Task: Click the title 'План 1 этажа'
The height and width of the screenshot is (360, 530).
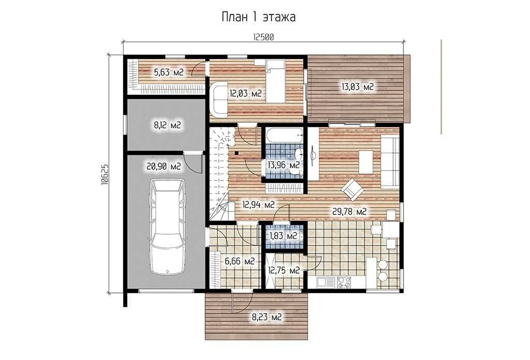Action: click(x=259, y=17)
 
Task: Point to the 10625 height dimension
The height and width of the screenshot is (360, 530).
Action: click(x=105, y=174)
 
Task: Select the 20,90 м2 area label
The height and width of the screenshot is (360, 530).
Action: click(x=164, y=166)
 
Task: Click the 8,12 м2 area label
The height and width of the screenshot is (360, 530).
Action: click(x=167, y=125)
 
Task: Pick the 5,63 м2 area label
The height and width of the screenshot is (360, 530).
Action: click(x=169, y=72)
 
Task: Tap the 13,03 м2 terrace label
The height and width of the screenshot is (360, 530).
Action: click(x=358, y=87)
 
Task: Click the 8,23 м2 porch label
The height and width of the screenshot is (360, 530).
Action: click(x=267, y=317)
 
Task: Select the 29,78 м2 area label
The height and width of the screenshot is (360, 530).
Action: click(x=349, y=212)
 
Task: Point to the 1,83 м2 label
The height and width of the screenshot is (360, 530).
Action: click(x=283, y=236)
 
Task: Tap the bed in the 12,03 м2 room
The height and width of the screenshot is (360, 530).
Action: click(x=275, y=81)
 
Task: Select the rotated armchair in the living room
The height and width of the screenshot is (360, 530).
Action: click(x=352, y=189)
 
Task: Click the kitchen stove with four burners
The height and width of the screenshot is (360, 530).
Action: click(x=344, y=282)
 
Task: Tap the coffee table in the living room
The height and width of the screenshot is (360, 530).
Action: click(x=366, y=162)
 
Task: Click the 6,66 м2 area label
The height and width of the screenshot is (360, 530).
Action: click(x=240, y=261)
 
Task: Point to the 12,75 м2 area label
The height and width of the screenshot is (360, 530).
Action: click(x=284, y=270)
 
